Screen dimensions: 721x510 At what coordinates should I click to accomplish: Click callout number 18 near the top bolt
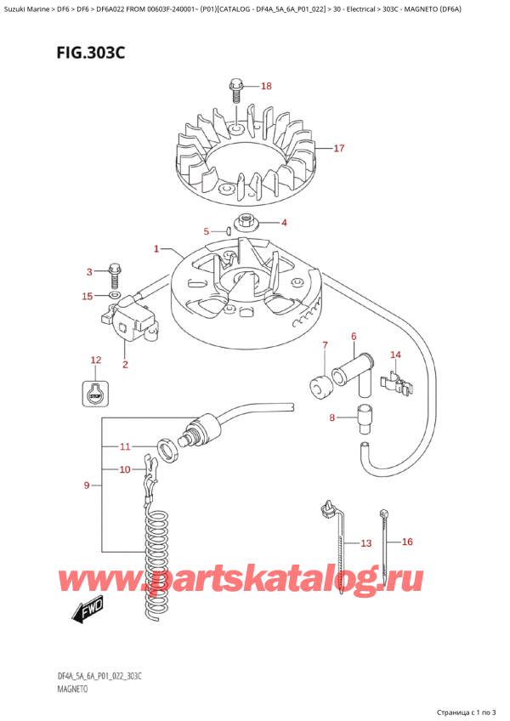point(266,86)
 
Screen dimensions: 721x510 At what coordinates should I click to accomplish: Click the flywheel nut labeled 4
point(249,224)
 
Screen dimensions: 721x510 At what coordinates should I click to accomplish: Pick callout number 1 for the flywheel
point(156,249)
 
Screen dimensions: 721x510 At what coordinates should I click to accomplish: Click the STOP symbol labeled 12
point(95,392)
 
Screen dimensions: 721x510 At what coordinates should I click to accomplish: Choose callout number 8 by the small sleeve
point(332,417)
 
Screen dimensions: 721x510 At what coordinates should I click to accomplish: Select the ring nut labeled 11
point(167,446)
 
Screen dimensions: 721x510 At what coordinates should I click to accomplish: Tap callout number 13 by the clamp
point(365,542)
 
